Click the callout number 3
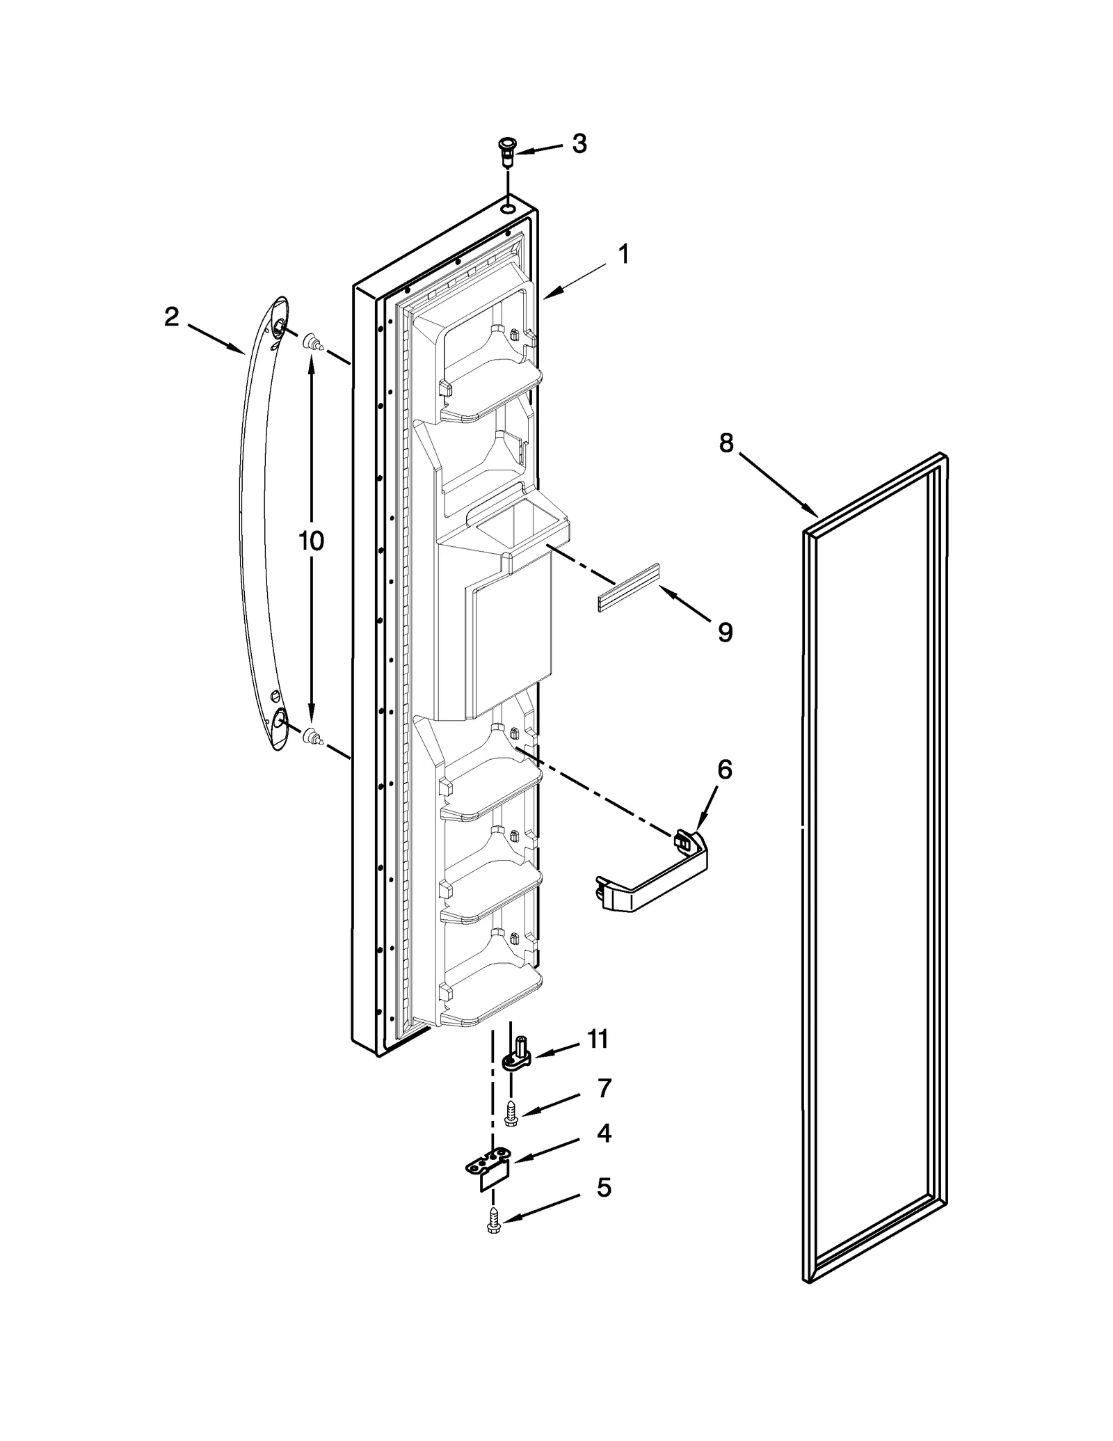pos(579,144)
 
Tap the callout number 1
pos(624,254)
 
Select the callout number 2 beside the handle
pos(171,317)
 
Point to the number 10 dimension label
pos(311,541)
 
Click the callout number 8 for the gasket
pos(726,443)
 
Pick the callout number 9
pos(725,632)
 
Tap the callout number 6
pos(724,770)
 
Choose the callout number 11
pos(598,1058)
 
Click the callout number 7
pos(603,1106)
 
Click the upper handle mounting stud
pos(312,342)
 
